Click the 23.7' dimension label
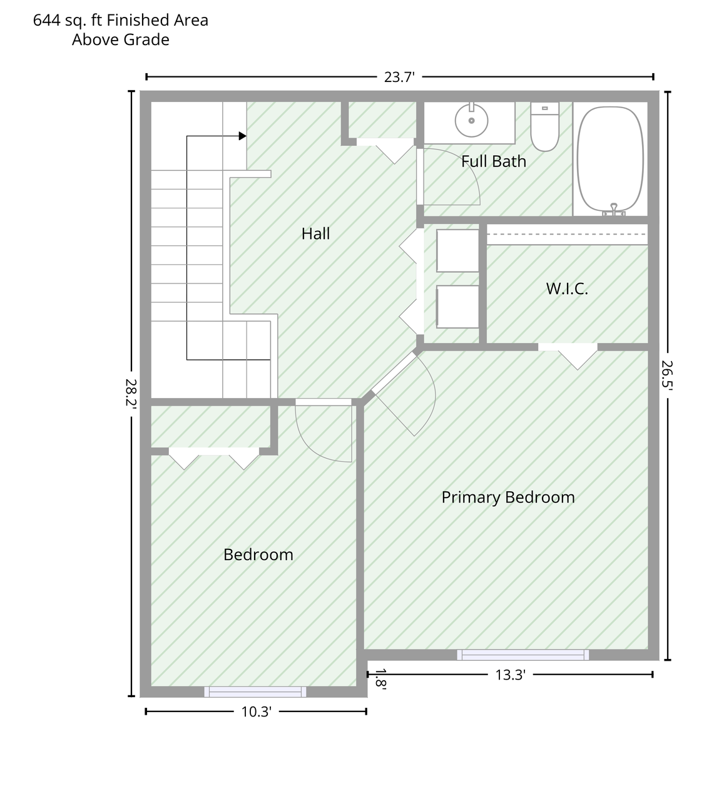(399, 77)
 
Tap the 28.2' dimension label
(131, 393)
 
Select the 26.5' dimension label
(667, 375)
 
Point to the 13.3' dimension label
(511, 675)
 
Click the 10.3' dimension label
(257, 712)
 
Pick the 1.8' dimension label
(380, 679)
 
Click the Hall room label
(315, 233)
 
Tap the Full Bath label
(494, 161)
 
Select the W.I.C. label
(567, 288)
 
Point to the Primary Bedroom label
(508, 497)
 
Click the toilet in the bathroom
(544, 126)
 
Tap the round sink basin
(472, 120)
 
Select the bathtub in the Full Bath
(610, 159)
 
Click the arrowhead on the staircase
(242, 136)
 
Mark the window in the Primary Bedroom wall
(523, 655)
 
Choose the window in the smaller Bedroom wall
(255, 692)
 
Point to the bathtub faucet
(614, 210)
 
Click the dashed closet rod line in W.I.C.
(567, 234)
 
